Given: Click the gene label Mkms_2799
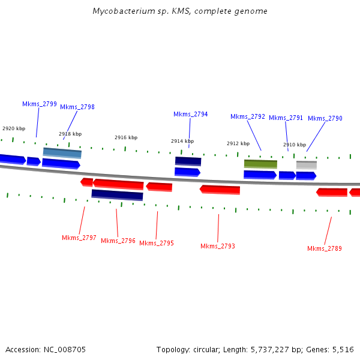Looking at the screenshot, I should (40, 104).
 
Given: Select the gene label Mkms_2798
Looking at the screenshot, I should (77, 107).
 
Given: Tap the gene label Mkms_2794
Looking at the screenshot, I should (191, 114).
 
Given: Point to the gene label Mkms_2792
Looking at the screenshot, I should (248, 116).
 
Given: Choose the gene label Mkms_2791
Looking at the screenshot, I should (286, 118).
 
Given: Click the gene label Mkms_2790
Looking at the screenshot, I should (325, 118).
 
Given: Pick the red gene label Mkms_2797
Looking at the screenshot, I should (79, 238).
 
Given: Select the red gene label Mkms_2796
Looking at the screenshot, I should (118, 241).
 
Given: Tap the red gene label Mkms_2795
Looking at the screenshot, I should (157, 243).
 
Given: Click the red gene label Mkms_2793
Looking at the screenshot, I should (218, 246).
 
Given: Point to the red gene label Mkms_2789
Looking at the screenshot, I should (325, 248).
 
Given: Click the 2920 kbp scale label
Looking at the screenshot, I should (14, 128).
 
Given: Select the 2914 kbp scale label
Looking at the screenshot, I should (182, 141).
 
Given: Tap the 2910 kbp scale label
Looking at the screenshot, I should (295, 145).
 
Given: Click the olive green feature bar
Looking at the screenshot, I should (260, 163).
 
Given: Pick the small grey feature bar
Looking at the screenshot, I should (307, 164).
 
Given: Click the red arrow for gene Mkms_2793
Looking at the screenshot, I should (220, 190).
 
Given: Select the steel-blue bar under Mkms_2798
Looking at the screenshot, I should (62, 152).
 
